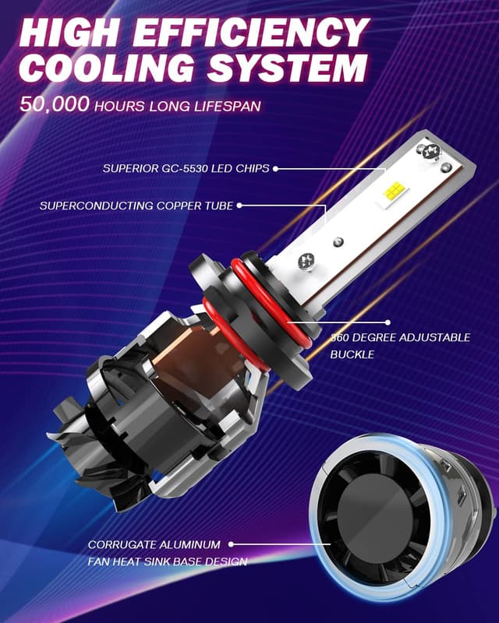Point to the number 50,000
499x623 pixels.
point(55,105)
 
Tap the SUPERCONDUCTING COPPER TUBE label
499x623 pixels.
point(136,206)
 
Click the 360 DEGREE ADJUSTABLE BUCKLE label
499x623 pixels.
point(399,345)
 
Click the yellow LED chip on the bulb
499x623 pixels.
point(394,189)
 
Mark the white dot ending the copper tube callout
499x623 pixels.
point(239,206)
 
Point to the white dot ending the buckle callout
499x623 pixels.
point(388,321)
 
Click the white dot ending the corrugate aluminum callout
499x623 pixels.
point(232,545)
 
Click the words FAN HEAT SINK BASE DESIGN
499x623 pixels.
point(168,561)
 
